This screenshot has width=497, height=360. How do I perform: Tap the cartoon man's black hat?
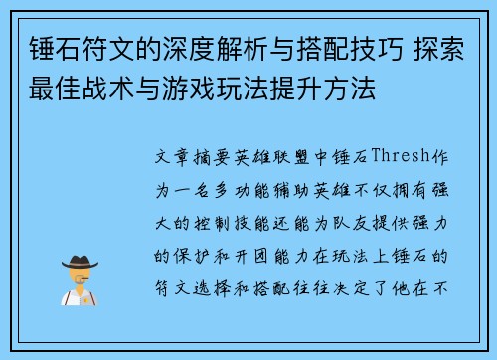point(79,262)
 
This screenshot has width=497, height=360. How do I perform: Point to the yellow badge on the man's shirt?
point(86,297)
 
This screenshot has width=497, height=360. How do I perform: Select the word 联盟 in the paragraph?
point(303,158)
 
